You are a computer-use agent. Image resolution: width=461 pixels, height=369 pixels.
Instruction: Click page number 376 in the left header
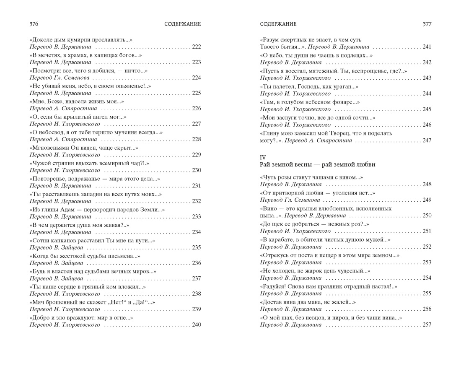point(34,24)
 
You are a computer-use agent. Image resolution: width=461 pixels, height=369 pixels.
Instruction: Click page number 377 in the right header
point(427,24)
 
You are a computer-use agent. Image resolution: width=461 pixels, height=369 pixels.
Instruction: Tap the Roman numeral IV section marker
point(263,157)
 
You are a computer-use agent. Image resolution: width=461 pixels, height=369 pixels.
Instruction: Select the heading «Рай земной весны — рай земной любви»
point(317,165)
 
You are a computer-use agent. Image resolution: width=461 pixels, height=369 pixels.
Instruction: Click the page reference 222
point(196,47)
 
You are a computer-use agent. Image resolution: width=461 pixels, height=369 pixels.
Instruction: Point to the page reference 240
point(196,325)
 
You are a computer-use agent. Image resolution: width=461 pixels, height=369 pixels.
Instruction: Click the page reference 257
point(427,325)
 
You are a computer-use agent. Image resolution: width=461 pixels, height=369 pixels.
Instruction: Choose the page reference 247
point(427,140)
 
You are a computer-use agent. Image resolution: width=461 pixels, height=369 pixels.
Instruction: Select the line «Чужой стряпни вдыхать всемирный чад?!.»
point(89,163)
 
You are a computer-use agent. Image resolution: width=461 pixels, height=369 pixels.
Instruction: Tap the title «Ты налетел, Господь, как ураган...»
point(309,86)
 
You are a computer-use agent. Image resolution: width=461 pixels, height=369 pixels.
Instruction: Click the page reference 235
point(196,248)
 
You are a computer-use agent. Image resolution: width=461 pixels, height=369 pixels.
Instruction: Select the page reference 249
point(427,200)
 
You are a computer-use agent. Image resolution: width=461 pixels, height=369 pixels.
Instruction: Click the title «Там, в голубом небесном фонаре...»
point(310,102)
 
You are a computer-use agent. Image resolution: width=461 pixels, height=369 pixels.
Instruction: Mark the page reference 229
point(196,155)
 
